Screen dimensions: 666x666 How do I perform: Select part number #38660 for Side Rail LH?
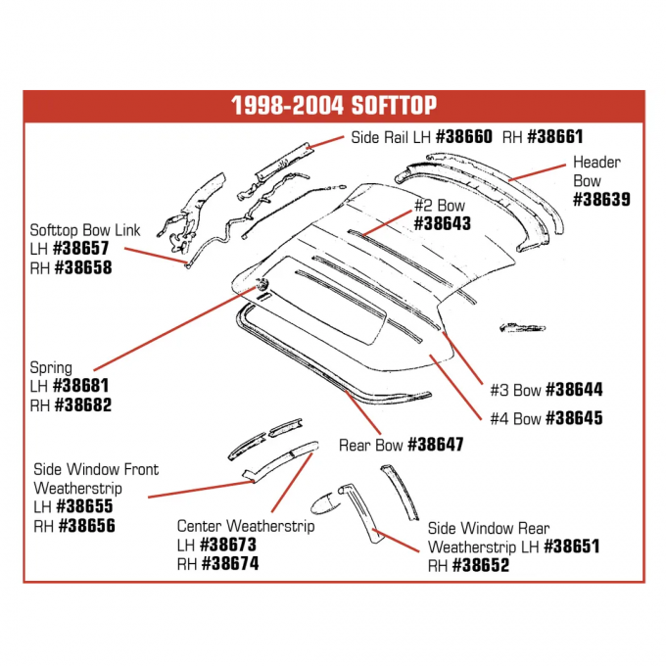click(x=464, y=137)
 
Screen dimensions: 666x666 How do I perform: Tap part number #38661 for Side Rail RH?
click(x=555, y=137)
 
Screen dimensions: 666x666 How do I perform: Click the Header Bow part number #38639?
click(x=601, y=200)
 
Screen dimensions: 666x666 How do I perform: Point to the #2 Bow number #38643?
click(x=443, y=223)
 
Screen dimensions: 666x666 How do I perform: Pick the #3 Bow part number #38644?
click(x=574, y=390)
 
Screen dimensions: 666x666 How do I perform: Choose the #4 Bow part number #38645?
click(x=574, y=419)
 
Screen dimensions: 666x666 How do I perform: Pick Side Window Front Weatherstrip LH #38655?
click(x=85, y=507)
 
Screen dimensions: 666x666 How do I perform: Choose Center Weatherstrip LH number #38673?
click(x=228, y=546)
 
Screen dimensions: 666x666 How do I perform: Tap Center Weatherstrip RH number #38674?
click(x=229, y=564)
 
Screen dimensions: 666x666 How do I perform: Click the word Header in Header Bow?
click(x=596, y=163)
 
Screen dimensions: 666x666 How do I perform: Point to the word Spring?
click(x=51, y=368)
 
